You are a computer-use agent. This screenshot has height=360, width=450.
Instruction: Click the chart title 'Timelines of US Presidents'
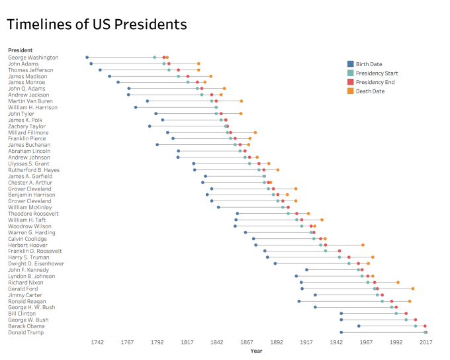(x=97, y=25)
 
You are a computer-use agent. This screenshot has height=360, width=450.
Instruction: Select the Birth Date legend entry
(x=371, y=64)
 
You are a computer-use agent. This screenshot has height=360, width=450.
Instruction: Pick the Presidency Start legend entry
(x=377, y=73)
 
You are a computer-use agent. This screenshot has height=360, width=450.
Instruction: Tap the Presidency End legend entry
(x=375, y=82)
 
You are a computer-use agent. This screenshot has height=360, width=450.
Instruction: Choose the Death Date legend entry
(x=370, y=91)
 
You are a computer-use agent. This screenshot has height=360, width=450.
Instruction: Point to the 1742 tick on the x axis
(x=97, y=342)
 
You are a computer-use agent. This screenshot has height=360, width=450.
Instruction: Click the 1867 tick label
(x=246, y=342)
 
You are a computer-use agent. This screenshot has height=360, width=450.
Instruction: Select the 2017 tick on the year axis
(x=426, y=342)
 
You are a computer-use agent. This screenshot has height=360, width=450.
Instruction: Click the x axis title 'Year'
(x=256, y=351)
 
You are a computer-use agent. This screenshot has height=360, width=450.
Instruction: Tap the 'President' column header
(x=21, y=50)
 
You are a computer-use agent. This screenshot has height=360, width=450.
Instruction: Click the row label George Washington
(x=33, y=58)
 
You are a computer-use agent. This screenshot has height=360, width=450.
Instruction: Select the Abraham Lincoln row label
(x=29, y=151)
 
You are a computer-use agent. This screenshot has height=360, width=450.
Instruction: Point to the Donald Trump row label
(x=26, y=332)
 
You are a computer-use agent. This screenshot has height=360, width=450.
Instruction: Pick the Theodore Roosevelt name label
(x=34, y=214)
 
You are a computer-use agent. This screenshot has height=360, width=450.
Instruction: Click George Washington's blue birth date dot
(x=87, y=58)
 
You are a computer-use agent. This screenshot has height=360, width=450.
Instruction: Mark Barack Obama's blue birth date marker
(x=359, y=326)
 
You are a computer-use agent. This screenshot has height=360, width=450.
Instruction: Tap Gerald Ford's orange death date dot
(x=412, y=289)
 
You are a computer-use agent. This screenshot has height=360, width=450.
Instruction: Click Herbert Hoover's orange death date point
(x=363, y=245)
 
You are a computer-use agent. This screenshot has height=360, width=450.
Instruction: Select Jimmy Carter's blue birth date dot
(x=315, y=295)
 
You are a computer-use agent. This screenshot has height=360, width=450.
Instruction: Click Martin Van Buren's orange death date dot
(x=242, y=101)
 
